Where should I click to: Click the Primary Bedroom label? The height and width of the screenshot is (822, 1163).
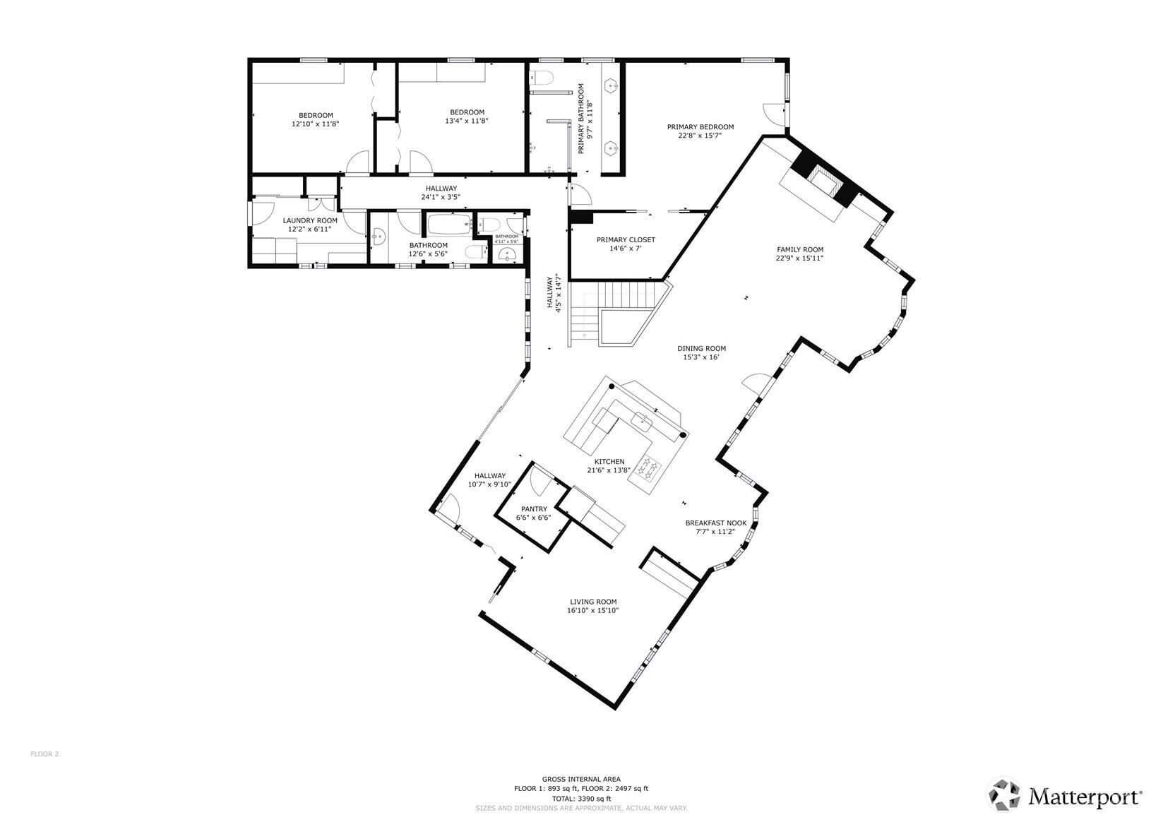[700, 127]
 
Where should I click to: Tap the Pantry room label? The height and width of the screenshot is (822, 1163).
[534, 509]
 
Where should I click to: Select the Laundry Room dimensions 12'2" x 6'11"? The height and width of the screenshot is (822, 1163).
[310, 229]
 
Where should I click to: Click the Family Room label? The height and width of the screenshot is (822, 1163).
[799, 249]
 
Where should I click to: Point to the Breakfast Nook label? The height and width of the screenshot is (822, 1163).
[715, 523]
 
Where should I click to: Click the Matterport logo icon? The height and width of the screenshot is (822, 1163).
[1004, 795]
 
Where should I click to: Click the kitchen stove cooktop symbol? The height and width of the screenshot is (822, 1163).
[649, 467]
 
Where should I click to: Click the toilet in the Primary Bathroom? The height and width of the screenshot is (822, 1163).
[544, 76]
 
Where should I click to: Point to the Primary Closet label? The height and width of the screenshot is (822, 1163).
[626, 240]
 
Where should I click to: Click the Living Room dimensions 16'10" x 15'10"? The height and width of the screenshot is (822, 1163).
[593, 611]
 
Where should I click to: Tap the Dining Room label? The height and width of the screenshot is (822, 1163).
[701, 348]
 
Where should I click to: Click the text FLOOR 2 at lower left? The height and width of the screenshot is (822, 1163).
[44, 754]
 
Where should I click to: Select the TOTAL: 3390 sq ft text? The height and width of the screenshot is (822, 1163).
[581, 799]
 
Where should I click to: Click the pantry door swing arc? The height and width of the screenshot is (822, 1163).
[542, 482]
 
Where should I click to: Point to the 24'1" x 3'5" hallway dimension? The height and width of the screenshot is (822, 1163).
[441, 197]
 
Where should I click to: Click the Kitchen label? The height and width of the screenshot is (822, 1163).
[609, 462]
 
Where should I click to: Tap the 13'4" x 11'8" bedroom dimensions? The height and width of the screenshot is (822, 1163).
[467, 121]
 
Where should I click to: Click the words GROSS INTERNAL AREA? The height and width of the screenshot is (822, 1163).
[581, 779]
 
